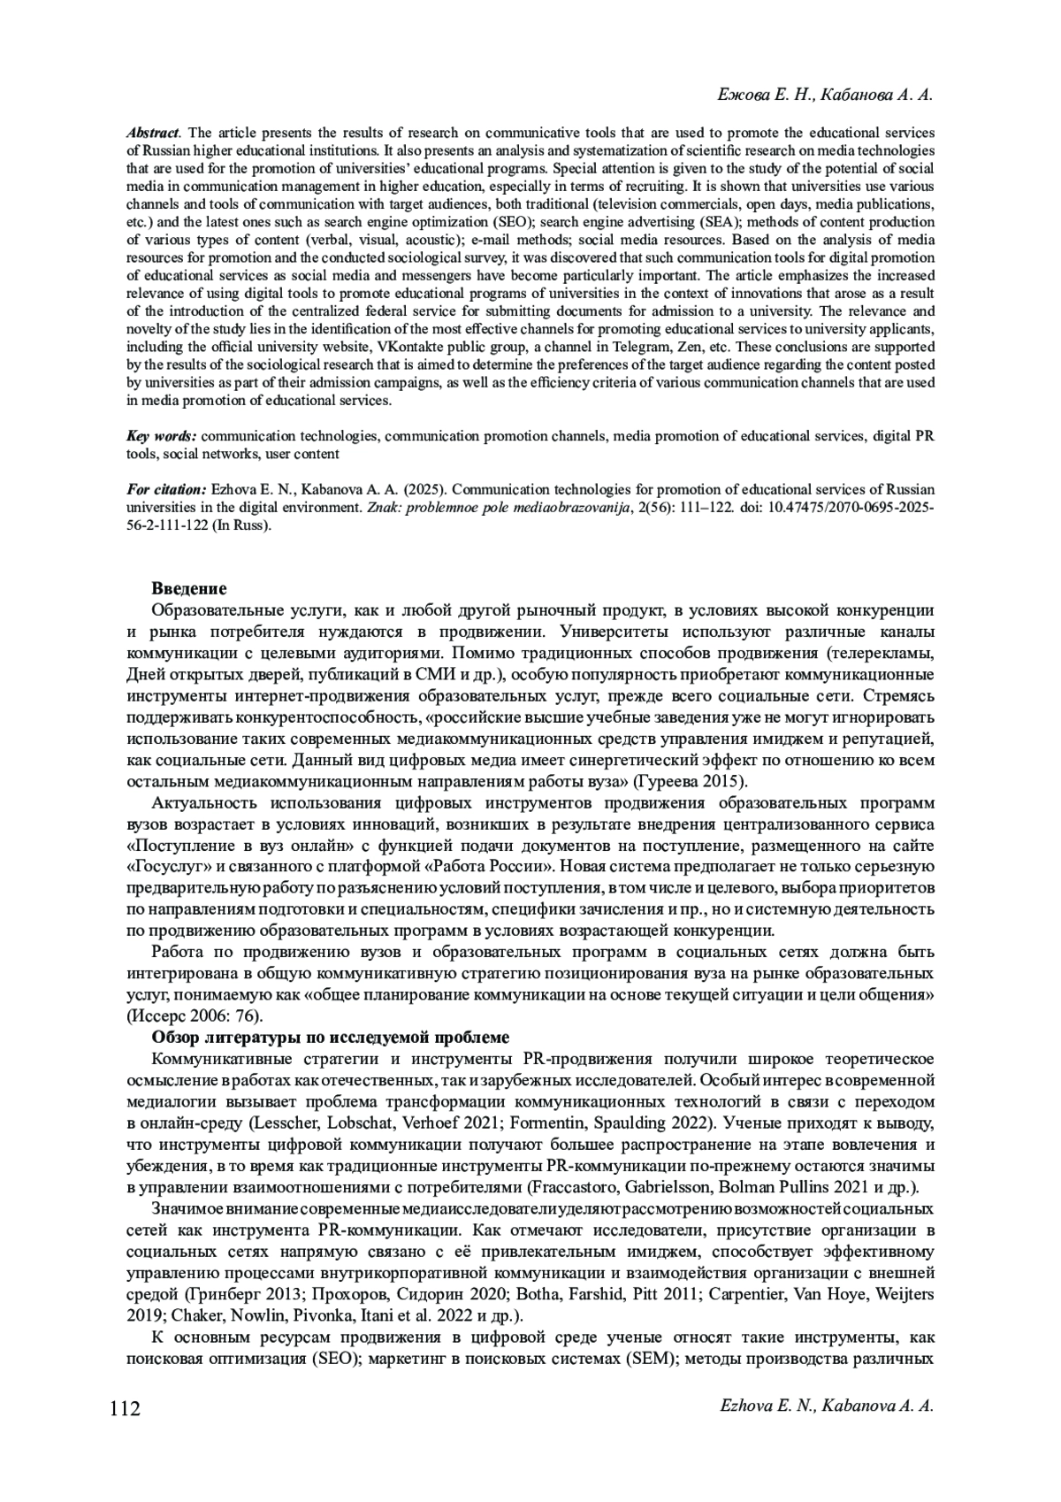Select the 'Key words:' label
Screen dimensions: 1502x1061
click(162, 436)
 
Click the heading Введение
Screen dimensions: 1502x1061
click(189, 588)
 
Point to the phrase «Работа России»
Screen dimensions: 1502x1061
click(495, 866)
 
